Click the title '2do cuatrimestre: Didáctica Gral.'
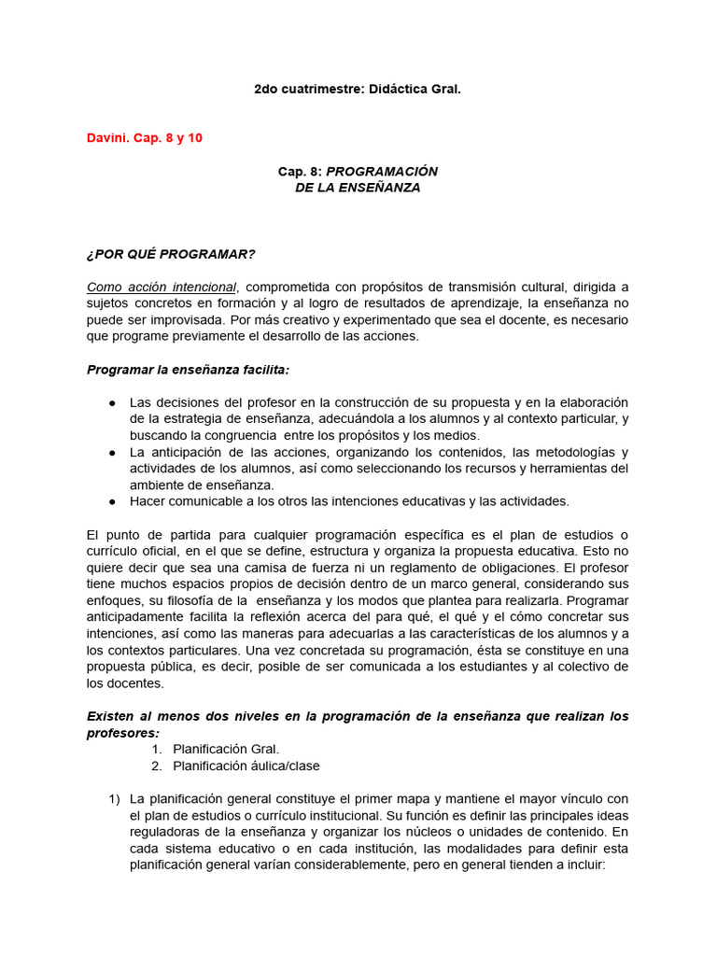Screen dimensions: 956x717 pos(358,89)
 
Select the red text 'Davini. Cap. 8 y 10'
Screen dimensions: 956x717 pos(144,138)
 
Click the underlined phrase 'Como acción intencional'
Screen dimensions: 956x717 pos(162,287)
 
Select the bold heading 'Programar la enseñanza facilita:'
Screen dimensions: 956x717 pos(188,370)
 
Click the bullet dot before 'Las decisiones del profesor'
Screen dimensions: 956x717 pos(112,402)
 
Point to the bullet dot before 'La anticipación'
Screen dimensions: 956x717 pos(112,452)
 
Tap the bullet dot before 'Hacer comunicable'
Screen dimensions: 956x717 pos(112,501)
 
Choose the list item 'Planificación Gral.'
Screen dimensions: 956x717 pos(226,749)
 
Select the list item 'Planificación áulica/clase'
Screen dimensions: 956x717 pos(246,766)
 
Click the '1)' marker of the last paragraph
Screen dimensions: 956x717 pos(114,798)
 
